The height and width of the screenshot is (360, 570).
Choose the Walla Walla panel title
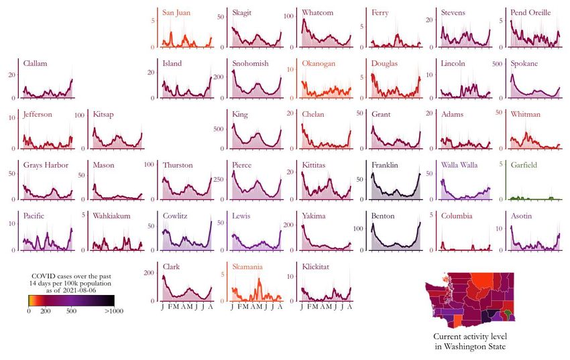tap(459, 165)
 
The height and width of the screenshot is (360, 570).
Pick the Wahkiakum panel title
tap(111, 216)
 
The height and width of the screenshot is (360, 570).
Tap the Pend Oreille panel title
tap(530, 13)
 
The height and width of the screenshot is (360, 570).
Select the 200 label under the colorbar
tap(46, 311)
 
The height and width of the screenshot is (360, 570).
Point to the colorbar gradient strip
tap(71, 300)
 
